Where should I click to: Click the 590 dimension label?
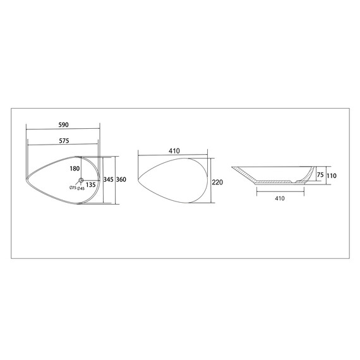coord(64,124)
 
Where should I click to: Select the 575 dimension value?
coord(64,140)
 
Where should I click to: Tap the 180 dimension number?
coord(75,169)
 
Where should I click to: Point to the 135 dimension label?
coord(91,184)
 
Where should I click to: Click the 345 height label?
coord(109,179)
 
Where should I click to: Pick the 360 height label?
coord(121,179)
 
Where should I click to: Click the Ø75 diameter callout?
coord(73,188)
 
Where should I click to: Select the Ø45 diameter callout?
coord(81,188)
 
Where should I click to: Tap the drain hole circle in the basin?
coord(81,180)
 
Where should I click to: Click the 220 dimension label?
coord(217,182)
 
